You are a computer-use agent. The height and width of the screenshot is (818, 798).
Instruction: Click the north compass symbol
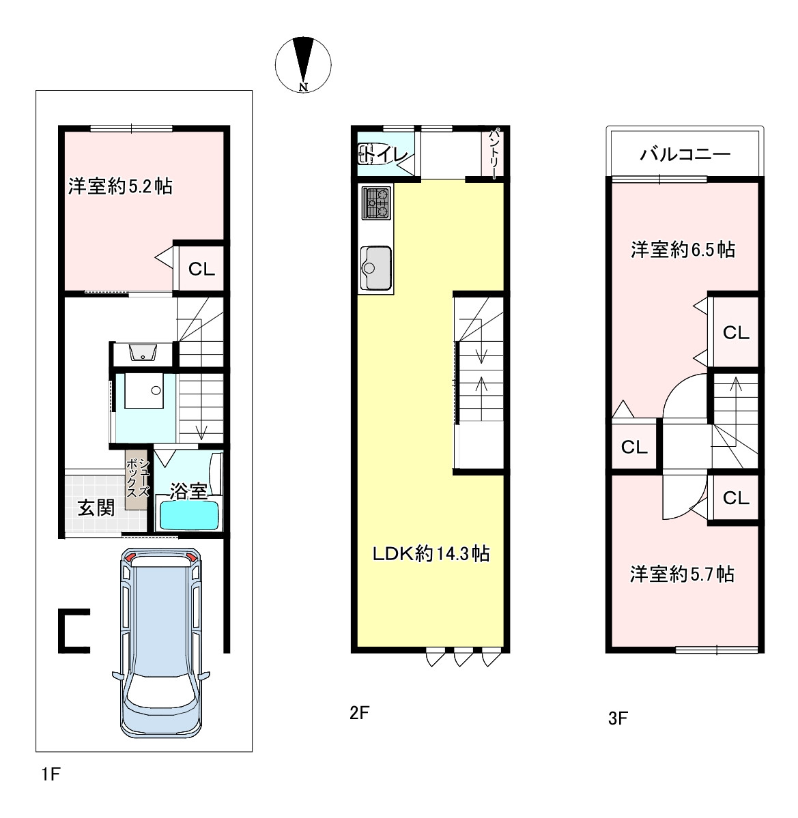[303, 65]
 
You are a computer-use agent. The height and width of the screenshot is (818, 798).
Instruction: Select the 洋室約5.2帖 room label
[121, 186]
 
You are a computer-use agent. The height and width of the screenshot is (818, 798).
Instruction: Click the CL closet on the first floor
[201, 269]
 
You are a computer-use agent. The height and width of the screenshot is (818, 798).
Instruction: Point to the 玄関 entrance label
[96, 507]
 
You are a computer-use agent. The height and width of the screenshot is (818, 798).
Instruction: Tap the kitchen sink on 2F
[375, 267]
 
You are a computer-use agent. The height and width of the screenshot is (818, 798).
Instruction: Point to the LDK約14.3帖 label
[431, 553]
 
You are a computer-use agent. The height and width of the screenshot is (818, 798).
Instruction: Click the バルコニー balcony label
[685, 154]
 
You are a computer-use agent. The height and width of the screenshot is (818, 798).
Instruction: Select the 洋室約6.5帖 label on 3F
[683, 250]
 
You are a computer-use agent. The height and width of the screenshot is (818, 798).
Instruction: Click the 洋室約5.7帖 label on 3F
[682, 574]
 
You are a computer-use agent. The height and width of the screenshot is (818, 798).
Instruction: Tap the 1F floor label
[51, 774]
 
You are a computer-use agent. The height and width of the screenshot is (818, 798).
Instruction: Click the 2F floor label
[360, 713]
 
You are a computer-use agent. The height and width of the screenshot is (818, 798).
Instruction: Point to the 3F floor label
[618, 718]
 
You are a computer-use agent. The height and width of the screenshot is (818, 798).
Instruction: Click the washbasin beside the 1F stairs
[143, 353]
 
